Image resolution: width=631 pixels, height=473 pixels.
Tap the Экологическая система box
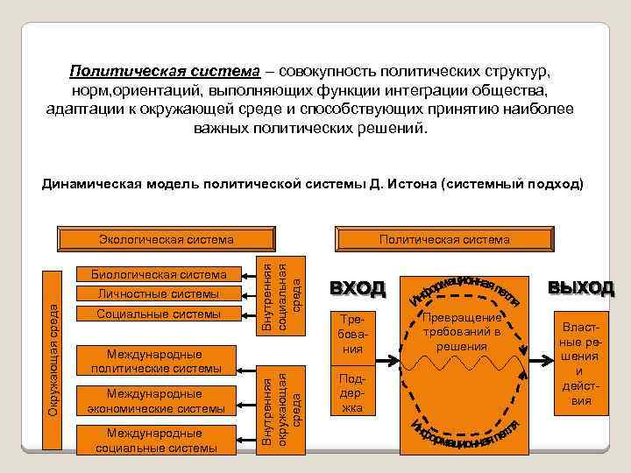(x=167, y=238)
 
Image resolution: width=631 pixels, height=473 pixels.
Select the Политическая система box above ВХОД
(x=443, y=238)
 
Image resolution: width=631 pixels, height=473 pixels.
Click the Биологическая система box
(x=158, y=274)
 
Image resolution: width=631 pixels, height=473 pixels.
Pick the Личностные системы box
(x=158, y=294)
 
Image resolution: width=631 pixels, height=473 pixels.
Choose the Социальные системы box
(x=158, y=314)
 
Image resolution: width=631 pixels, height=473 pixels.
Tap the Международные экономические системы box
(x=158, y=401)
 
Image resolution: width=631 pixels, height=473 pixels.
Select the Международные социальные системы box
(x=158, y=440)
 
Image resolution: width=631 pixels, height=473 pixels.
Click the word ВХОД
(x=357, y=287)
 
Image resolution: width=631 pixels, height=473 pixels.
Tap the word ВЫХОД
(x=581, y=287)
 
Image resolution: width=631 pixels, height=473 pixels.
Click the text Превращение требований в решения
(x=461, y=332)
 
